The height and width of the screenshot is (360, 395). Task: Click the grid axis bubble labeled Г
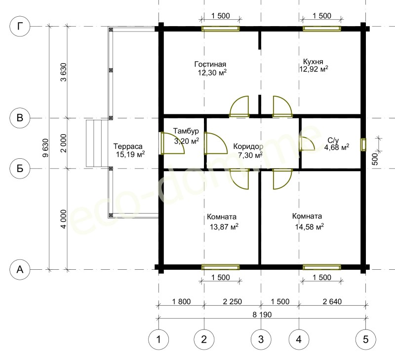pyautogui.click(x=20, y=26)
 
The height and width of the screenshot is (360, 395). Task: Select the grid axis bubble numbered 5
pyautogui.click(x=365, y=340)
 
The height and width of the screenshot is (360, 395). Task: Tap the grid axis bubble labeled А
pyautogui.click(x=20, y=270)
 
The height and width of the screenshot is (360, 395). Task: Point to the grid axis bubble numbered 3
pyautogui.click(x=261, y=340)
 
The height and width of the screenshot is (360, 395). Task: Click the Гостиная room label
pyautogui.click(x=210, y=65)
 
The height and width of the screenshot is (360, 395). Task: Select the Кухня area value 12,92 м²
pyautogui.click(x=314, y=69)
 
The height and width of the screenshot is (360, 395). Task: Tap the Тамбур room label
pyautogui.click(x=186, y=131)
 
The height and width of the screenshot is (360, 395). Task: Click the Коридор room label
pyautogui.click(x=248, y=146)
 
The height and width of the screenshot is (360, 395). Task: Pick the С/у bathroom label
pyautogui.click(x=333, y=141)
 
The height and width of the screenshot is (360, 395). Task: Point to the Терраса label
pyautogui.click(x=128, y=146)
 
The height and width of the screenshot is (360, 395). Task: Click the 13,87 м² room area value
pyautogui.click(x=224, y=227)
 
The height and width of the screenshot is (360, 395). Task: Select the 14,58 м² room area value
pyautogui.click(x=310, y=227)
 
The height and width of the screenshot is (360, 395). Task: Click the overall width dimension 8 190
pyautogui.click(x=262, y=315)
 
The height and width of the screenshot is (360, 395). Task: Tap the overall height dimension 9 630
pyautogui.click(x=45, y=148)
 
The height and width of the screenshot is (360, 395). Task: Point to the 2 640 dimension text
pyautogui.click(x=332, y=301)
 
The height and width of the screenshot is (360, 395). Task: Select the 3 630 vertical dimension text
pyautogui.click(x=64, y=72)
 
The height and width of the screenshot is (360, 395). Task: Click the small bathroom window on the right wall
pyautogui.click(x=363, y=144)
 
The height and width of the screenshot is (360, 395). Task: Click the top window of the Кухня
pyautogui.click(x=322, y=29)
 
